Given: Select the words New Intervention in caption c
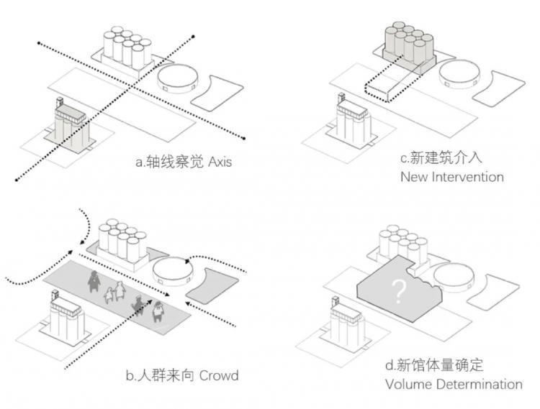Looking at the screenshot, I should pos(451,176).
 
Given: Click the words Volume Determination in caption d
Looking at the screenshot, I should pos(454,384).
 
